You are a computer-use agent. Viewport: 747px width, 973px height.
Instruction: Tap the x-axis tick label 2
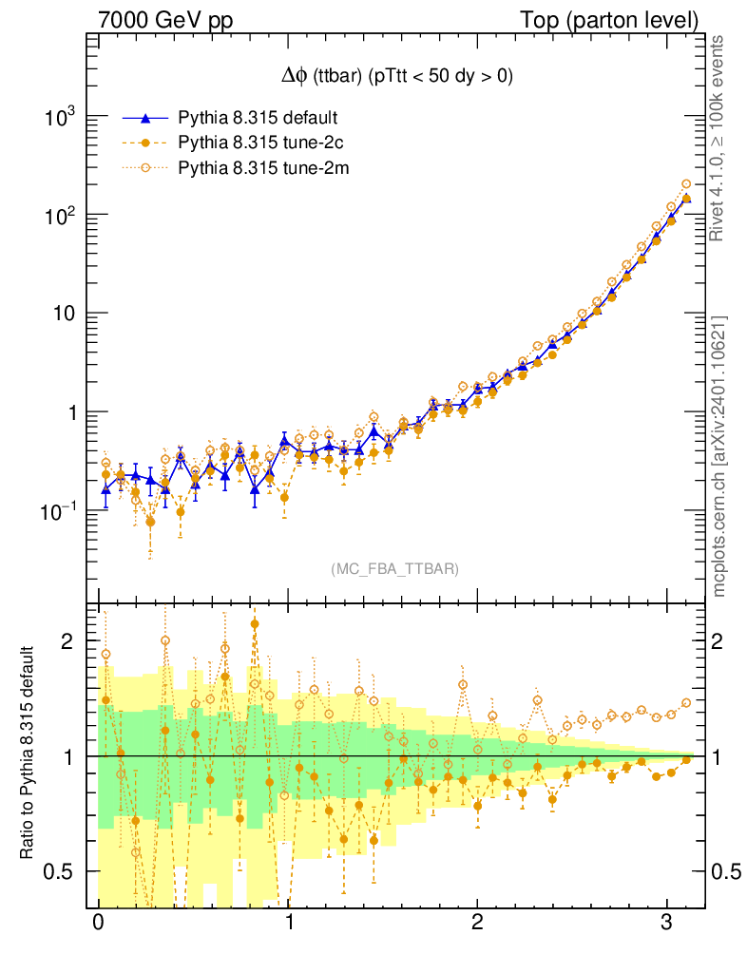(477, 923)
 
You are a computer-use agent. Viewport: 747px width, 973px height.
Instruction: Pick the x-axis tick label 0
(98, 923)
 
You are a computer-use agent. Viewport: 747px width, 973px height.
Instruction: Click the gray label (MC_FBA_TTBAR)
(395, 569)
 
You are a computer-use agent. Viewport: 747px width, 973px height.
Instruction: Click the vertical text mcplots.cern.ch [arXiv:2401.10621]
(720, 456)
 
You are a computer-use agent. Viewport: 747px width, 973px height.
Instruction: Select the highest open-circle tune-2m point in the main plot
(686, 184)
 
